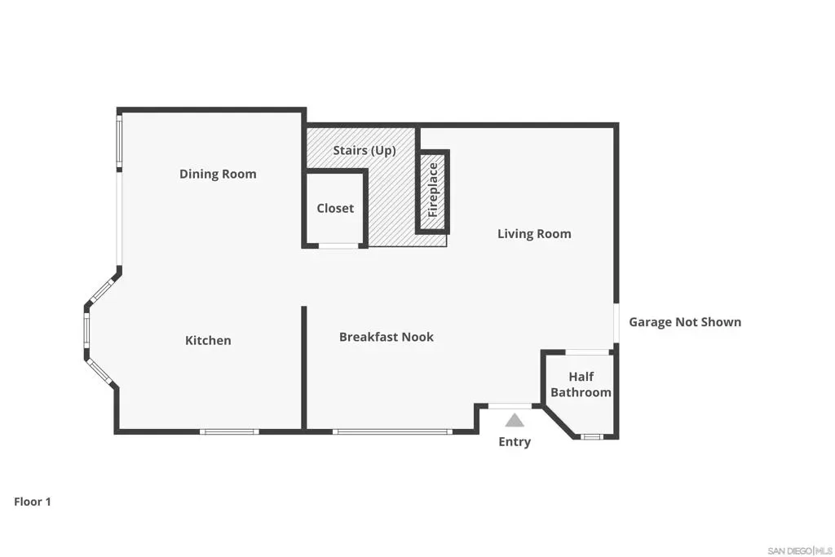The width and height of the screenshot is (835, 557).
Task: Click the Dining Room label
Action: click(218, 175)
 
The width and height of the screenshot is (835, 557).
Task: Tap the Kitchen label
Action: click(208, 340)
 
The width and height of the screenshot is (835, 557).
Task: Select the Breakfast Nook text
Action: click(387, 337)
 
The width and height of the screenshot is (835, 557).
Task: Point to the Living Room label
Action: click(534, 234)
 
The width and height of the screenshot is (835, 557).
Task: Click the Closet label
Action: click(335, 208)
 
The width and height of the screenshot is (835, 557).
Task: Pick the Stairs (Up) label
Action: click(364, 151)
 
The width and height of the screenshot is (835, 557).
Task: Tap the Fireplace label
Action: click(433, 190)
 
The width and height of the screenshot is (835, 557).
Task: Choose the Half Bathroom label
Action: click(581, 384)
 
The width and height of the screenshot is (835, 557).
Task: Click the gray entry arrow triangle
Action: click(515, 421)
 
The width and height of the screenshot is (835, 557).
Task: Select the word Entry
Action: click(515, 442)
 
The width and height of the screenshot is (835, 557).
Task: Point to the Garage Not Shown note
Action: click(685, 322)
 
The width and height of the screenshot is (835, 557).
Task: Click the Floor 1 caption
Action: click(33, 502)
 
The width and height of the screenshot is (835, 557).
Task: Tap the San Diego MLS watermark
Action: click(800, 550)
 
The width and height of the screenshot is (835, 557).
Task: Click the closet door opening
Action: click(338, 246)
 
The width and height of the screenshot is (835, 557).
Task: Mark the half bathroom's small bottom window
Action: click(591, 436)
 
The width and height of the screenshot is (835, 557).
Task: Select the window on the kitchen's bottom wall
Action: click(229, 431)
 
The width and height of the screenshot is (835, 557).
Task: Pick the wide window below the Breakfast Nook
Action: click(392, 431)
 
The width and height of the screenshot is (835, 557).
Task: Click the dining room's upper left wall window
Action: click(119, 143)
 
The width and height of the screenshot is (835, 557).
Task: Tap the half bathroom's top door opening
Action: click(587, 352)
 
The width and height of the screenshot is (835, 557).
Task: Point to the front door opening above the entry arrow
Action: click(510, 406)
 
